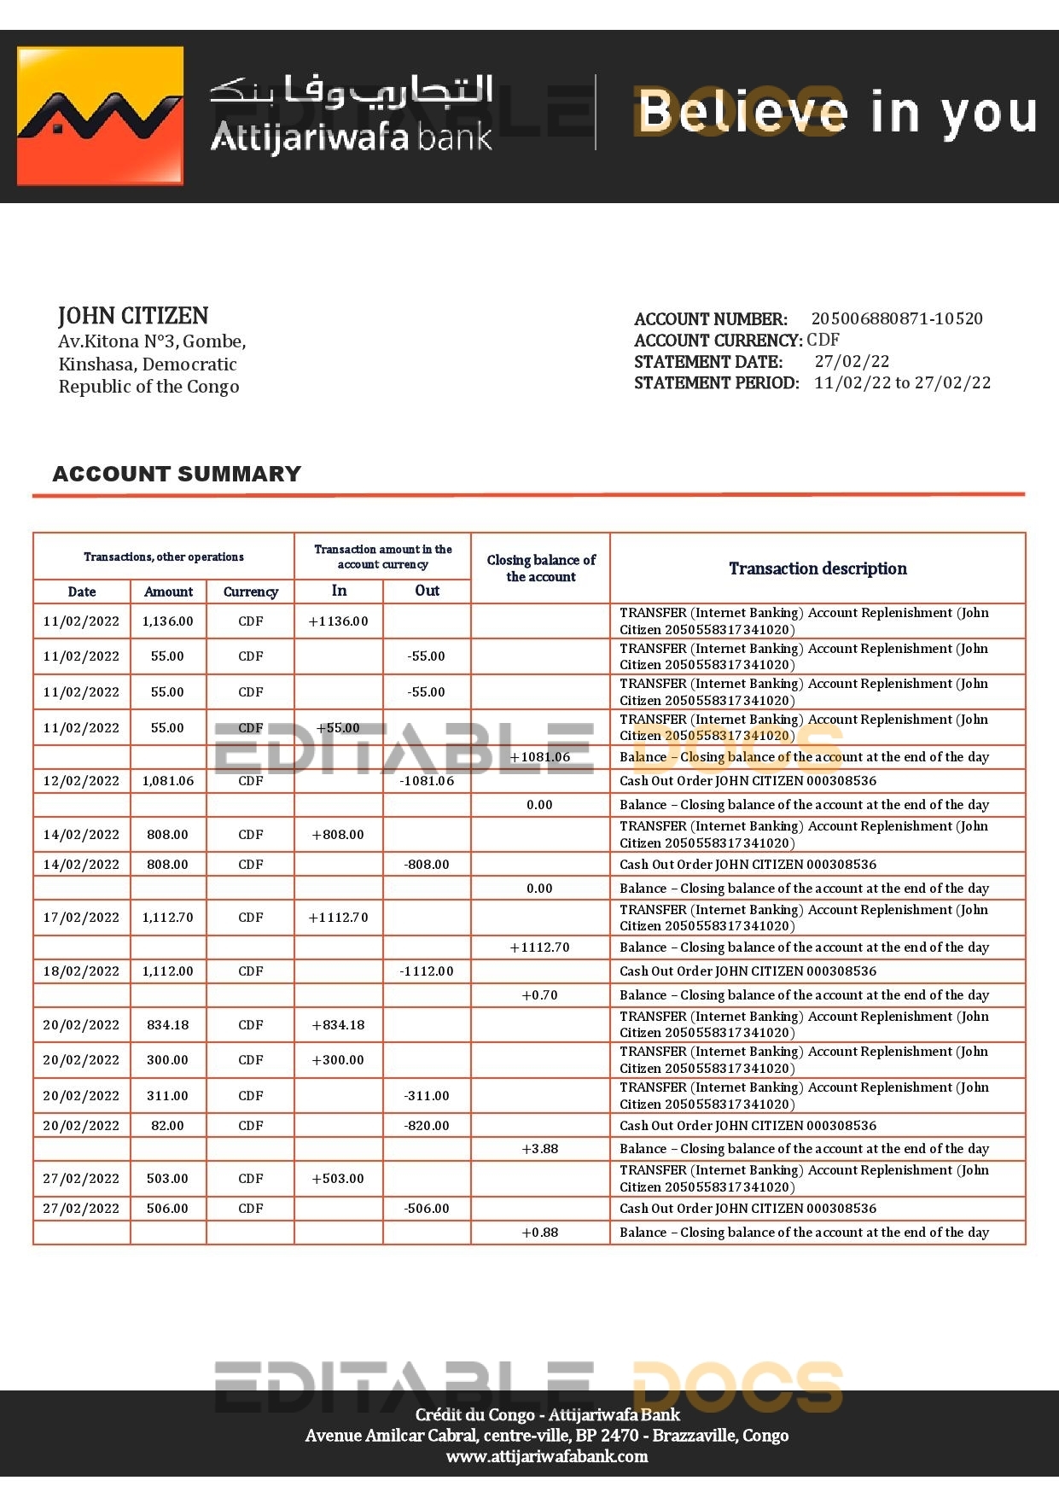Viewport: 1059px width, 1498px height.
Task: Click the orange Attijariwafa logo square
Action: (100, 115)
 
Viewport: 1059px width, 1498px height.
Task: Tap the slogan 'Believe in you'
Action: (836, 113)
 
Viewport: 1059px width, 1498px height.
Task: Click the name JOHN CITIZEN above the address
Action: (133, 316)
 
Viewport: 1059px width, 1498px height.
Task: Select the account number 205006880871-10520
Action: (896, 318)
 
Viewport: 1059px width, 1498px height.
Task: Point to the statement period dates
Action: (902, 382)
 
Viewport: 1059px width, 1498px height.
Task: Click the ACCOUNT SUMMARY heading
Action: (177, 474)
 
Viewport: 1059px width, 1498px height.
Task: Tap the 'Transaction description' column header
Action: (818, 568)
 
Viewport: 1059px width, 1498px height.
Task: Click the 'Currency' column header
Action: (250, 592)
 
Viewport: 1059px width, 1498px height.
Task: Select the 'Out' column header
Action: (427, 591)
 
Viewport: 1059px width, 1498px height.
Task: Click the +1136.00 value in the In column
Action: (338, 621)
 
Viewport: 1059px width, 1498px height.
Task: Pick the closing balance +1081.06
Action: (539, 757)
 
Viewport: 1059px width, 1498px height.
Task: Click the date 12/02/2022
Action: (81, 781)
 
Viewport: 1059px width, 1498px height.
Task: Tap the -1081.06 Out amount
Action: (427, 781)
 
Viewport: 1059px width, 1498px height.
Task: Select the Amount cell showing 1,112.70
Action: (167, 918)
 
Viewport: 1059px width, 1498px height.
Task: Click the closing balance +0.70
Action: (539, 995)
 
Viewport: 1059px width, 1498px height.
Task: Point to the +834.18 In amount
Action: (338, 1025)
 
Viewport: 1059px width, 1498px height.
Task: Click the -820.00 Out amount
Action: (427, 1126)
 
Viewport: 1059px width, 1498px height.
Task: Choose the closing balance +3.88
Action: (539, 1149)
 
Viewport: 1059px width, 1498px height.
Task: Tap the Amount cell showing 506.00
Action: (167, 1209)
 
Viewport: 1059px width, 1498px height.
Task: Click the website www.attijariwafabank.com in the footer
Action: (546, 1456)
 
